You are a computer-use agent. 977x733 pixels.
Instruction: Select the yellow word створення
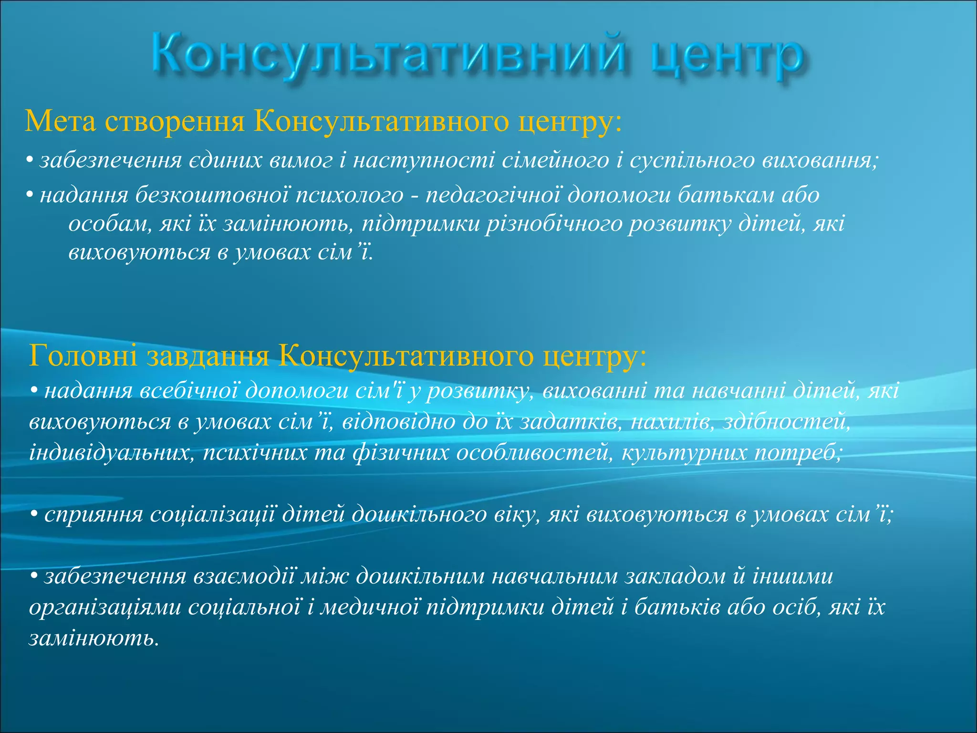[x=175, y=121]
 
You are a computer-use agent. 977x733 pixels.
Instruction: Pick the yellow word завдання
[x=208, y=356]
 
